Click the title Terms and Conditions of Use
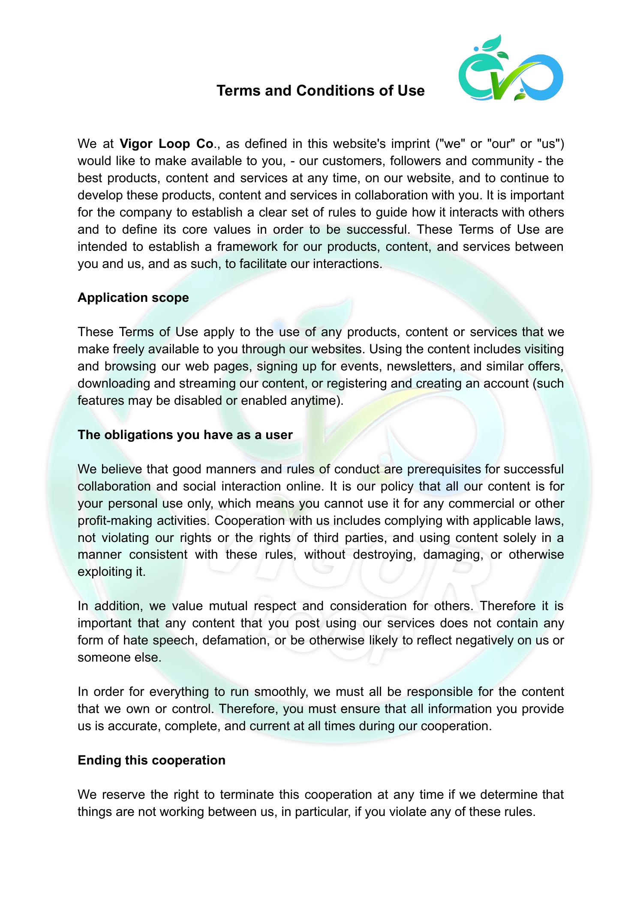(320, 90)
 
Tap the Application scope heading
(133, 298)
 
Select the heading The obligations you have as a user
(185, 435)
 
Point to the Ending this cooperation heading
(151, 760)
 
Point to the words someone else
(119, 658)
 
